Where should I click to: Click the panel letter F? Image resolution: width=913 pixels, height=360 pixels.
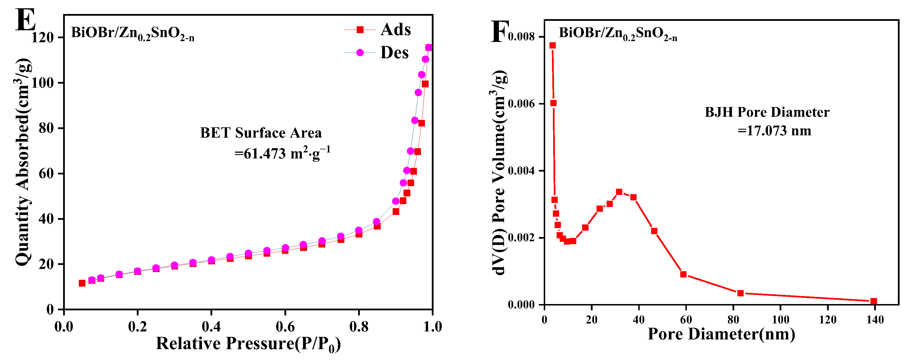coord(500,32)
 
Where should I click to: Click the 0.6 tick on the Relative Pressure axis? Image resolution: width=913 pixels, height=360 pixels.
coord(285,326)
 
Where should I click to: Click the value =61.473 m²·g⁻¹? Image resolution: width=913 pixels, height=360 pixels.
coord(282,153)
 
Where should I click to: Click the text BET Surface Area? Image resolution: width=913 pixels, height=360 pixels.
coord(261,133)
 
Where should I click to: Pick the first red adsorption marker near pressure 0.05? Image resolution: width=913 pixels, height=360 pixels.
coord(82,283)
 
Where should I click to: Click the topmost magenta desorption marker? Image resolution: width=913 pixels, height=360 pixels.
coord(428,47)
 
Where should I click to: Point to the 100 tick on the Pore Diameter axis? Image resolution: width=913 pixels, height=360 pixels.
coord(780,320)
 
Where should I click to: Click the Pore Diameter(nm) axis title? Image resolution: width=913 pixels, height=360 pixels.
coord(721,334)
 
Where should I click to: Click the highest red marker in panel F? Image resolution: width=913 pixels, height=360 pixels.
coord(553,45)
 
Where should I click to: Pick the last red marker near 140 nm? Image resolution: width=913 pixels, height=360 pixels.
coord(874,301)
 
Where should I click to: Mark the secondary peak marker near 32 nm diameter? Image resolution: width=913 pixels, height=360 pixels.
coord(619,192)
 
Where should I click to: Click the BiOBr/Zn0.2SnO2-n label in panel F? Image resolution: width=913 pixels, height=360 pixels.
coord(618,33)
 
